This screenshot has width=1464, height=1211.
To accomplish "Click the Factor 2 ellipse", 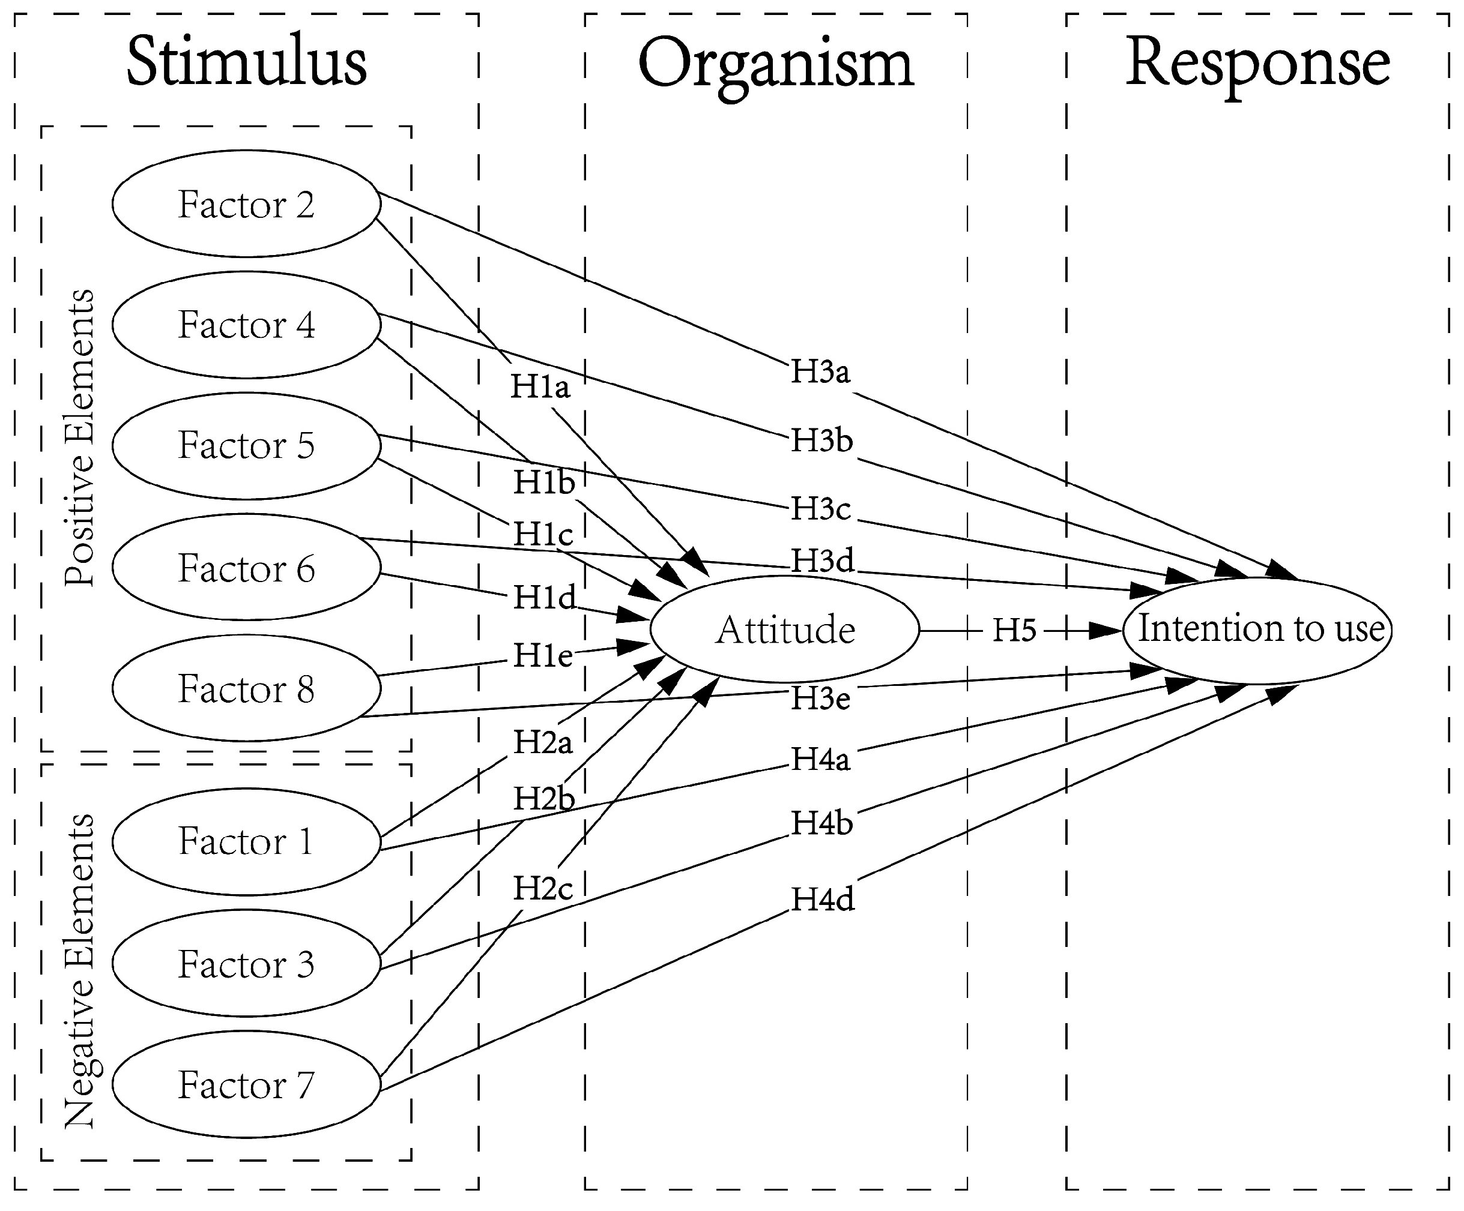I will (x=246, y=204).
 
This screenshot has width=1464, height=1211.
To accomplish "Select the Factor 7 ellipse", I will (x=246, y=1085).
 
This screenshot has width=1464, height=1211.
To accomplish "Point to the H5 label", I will (x=1014, y=631).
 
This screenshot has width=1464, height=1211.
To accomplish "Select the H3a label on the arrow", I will (x=820, y=371).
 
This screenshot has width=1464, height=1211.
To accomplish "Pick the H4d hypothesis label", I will (x=823, y=900).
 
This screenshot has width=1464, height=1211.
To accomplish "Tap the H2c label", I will (x=543, y=888).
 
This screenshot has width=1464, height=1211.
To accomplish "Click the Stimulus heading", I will (x=247, y=62).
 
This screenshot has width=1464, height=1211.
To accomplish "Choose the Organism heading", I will (x=775, y=64).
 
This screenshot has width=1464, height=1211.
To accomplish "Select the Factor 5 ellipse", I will (x=246, y=445).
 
